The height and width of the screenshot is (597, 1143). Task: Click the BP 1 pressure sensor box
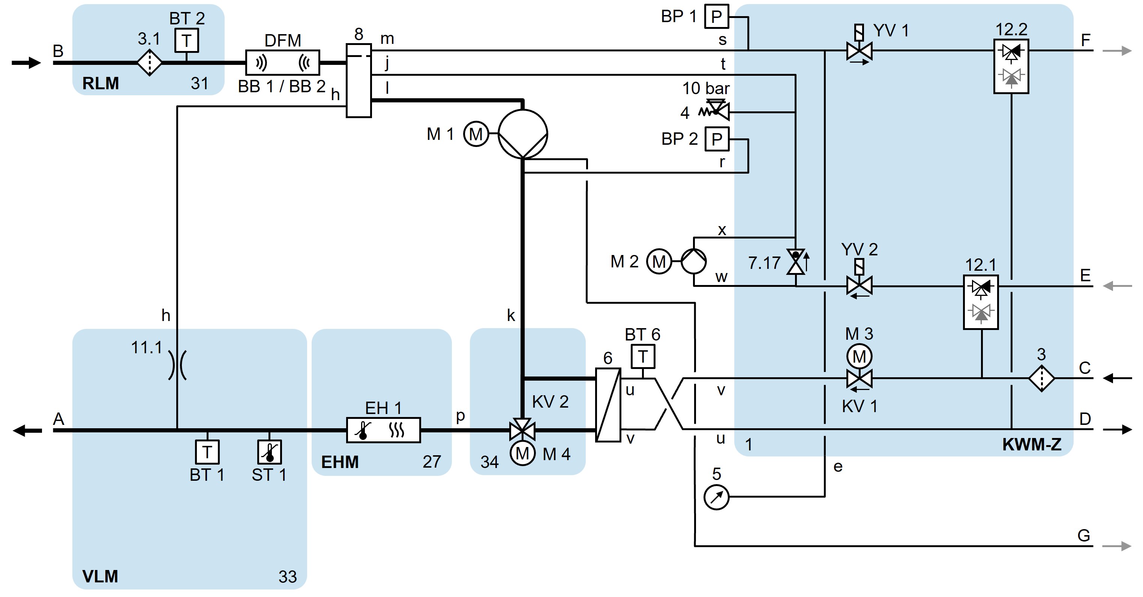point(717,16)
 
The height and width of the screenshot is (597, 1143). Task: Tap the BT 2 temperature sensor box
point(186,40)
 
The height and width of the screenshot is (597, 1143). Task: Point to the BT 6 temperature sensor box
point(642,356)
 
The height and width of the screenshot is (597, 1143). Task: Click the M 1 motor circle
point(475,133)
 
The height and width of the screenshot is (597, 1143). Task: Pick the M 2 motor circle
point(659,261)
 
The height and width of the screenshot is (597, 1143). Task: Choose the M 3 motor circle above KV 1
point(859,356)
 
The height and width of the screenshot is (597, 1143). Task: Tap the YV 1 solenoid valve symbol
point(859,51)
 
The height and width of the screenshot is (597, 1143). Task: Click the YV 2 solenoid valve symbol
point(859,285)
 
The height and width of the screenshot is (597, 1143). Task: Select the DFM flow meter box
point(283,63)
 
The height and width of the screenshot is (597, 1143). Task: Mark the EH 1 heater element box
point(383,430)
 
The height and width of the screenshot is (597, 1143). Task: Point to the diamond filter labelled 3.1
point(150,63)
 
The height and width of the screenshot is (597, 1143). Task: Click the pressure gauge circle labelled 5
point(717,497)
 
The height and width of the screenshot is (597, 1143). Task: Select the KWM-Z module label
point(1031,445)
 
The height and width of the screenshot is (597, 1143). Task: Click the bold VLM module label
point(100,576)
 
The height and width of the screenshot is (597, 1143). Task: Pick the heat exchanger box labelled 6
point(608,404)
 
